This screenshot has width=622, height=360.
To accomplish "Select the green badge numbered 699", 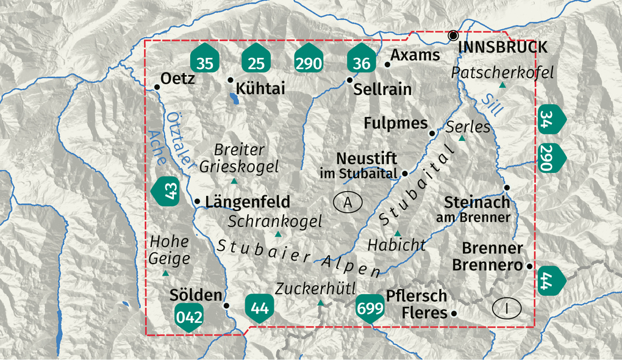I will pos(371,308).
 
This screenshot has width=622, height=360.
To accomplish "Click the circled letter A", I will pos(348,202).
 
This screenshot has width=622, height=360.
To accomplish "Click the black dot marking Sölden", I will pos(227,306).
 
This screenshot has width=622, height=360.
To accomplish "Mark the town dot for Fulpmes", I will pos(432,133).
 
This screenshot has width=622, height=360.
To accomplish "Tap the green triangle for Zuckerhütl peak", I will pos(320,302).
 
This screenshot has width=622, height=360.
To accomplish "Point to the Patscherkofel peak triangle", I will pos(502,85).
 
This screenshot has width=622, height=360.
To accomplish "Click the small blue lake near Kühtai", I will pos(234,96).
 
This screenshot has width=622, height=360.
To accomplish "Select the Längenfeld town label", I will pos(248,201).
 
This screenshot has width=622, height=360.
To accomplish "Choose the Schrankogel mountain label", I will pos(275,221).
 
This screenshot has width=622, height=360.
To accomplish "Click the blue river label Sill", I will pos(490,104).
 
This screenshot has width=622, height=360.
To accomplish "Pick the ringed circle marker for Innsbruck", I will pos(453,35).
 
